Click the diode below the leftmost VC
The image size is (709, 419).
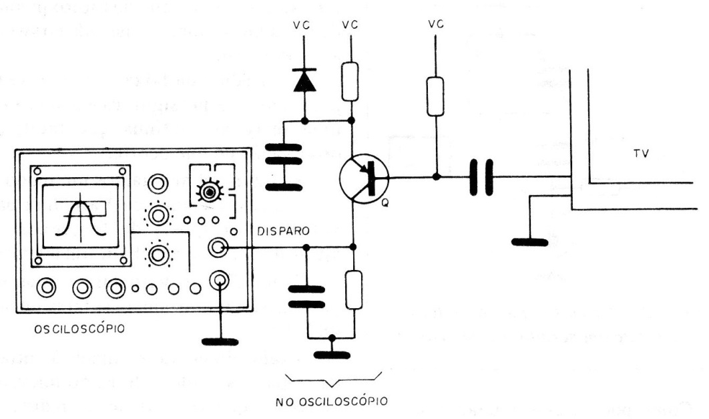coord(305,81)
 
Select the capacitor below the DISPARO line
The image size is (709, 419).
coord(306,296)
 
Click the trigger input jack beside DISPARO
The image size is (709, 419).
coord(217,247)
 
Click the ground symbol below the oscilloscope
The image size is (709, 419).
coord(221,341)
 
